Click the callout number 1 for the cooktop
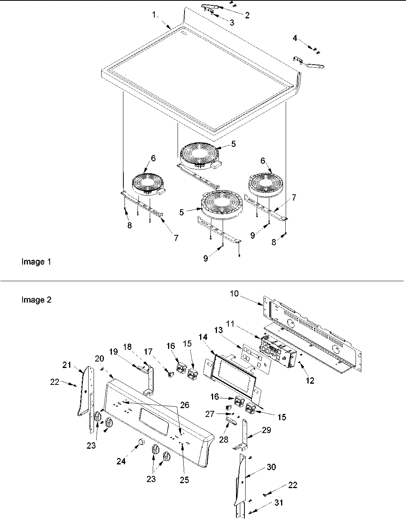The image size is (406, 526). [154, 15]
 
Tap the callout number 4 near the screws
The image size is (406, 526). [295, 38]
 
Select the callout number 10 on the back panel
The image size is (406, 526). [234, 294]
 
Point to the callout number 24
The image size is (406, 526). [121, 461]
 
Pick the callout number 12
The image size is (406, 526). [310, 381]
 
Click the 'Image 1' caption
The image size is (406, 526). [36, 262]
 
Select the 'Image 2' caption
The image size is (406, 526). [37, 300]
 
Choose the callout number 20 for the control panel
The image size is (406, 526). [99, 358]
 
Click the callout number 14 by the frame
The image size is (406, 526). [203, 337]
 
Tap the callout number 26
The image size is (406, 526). [185, 405]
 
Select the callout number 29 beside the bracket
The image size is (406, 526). [266, 430]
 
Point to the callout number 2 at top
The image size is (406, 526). [247, 15]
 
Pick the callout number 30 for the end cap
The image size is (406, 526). [271, 467]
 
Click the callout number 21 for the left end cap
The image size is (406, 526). [67, 365]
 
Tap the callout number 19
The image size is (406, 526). [113, 352]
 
